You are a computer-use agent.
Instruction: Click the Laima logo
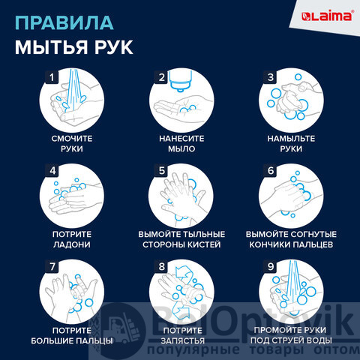tap(328, 16)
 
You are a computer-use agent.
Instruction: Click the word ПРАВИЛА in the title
tap(64, 23)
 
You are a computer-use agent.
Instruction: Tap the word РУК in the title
tap(114, 47)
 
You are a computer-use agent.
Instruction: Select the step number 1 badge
tap(52, 77)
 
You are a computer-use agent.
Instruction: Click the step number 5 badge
tap(162, 171)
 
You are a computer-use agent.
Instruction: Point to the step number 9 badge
tap(271, 266)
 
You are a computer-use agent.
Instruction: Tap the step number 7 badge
tap(52, 266)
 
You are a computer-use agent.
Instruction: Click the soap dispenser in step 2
tap(181, 80)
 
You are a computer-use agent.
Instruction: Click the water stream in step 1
tap(73, 89)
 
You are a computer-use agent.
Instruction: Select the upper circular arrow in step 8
tap(184, 273)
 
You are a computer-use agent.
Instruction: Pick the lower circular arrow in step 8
tap(181, 310)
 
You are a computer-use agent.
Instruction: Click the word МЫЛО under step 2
tap(181, 149)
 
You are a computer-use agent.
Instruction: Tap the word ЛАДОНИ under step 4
tap(72, 244)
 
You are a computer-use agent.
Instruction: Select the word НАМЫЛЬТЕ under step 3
tap(291, 139)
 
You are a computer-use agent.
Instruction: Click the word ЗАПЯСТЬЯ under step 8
tap(182, 340)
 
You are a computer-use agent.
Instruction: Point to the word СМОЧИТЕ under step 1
tap(72, 139)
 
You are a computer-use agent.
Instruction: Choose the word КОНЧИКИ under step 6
tap(268, 244)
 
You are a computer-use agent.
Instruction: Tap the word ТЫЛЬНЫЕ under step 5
tap(203, 234)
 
